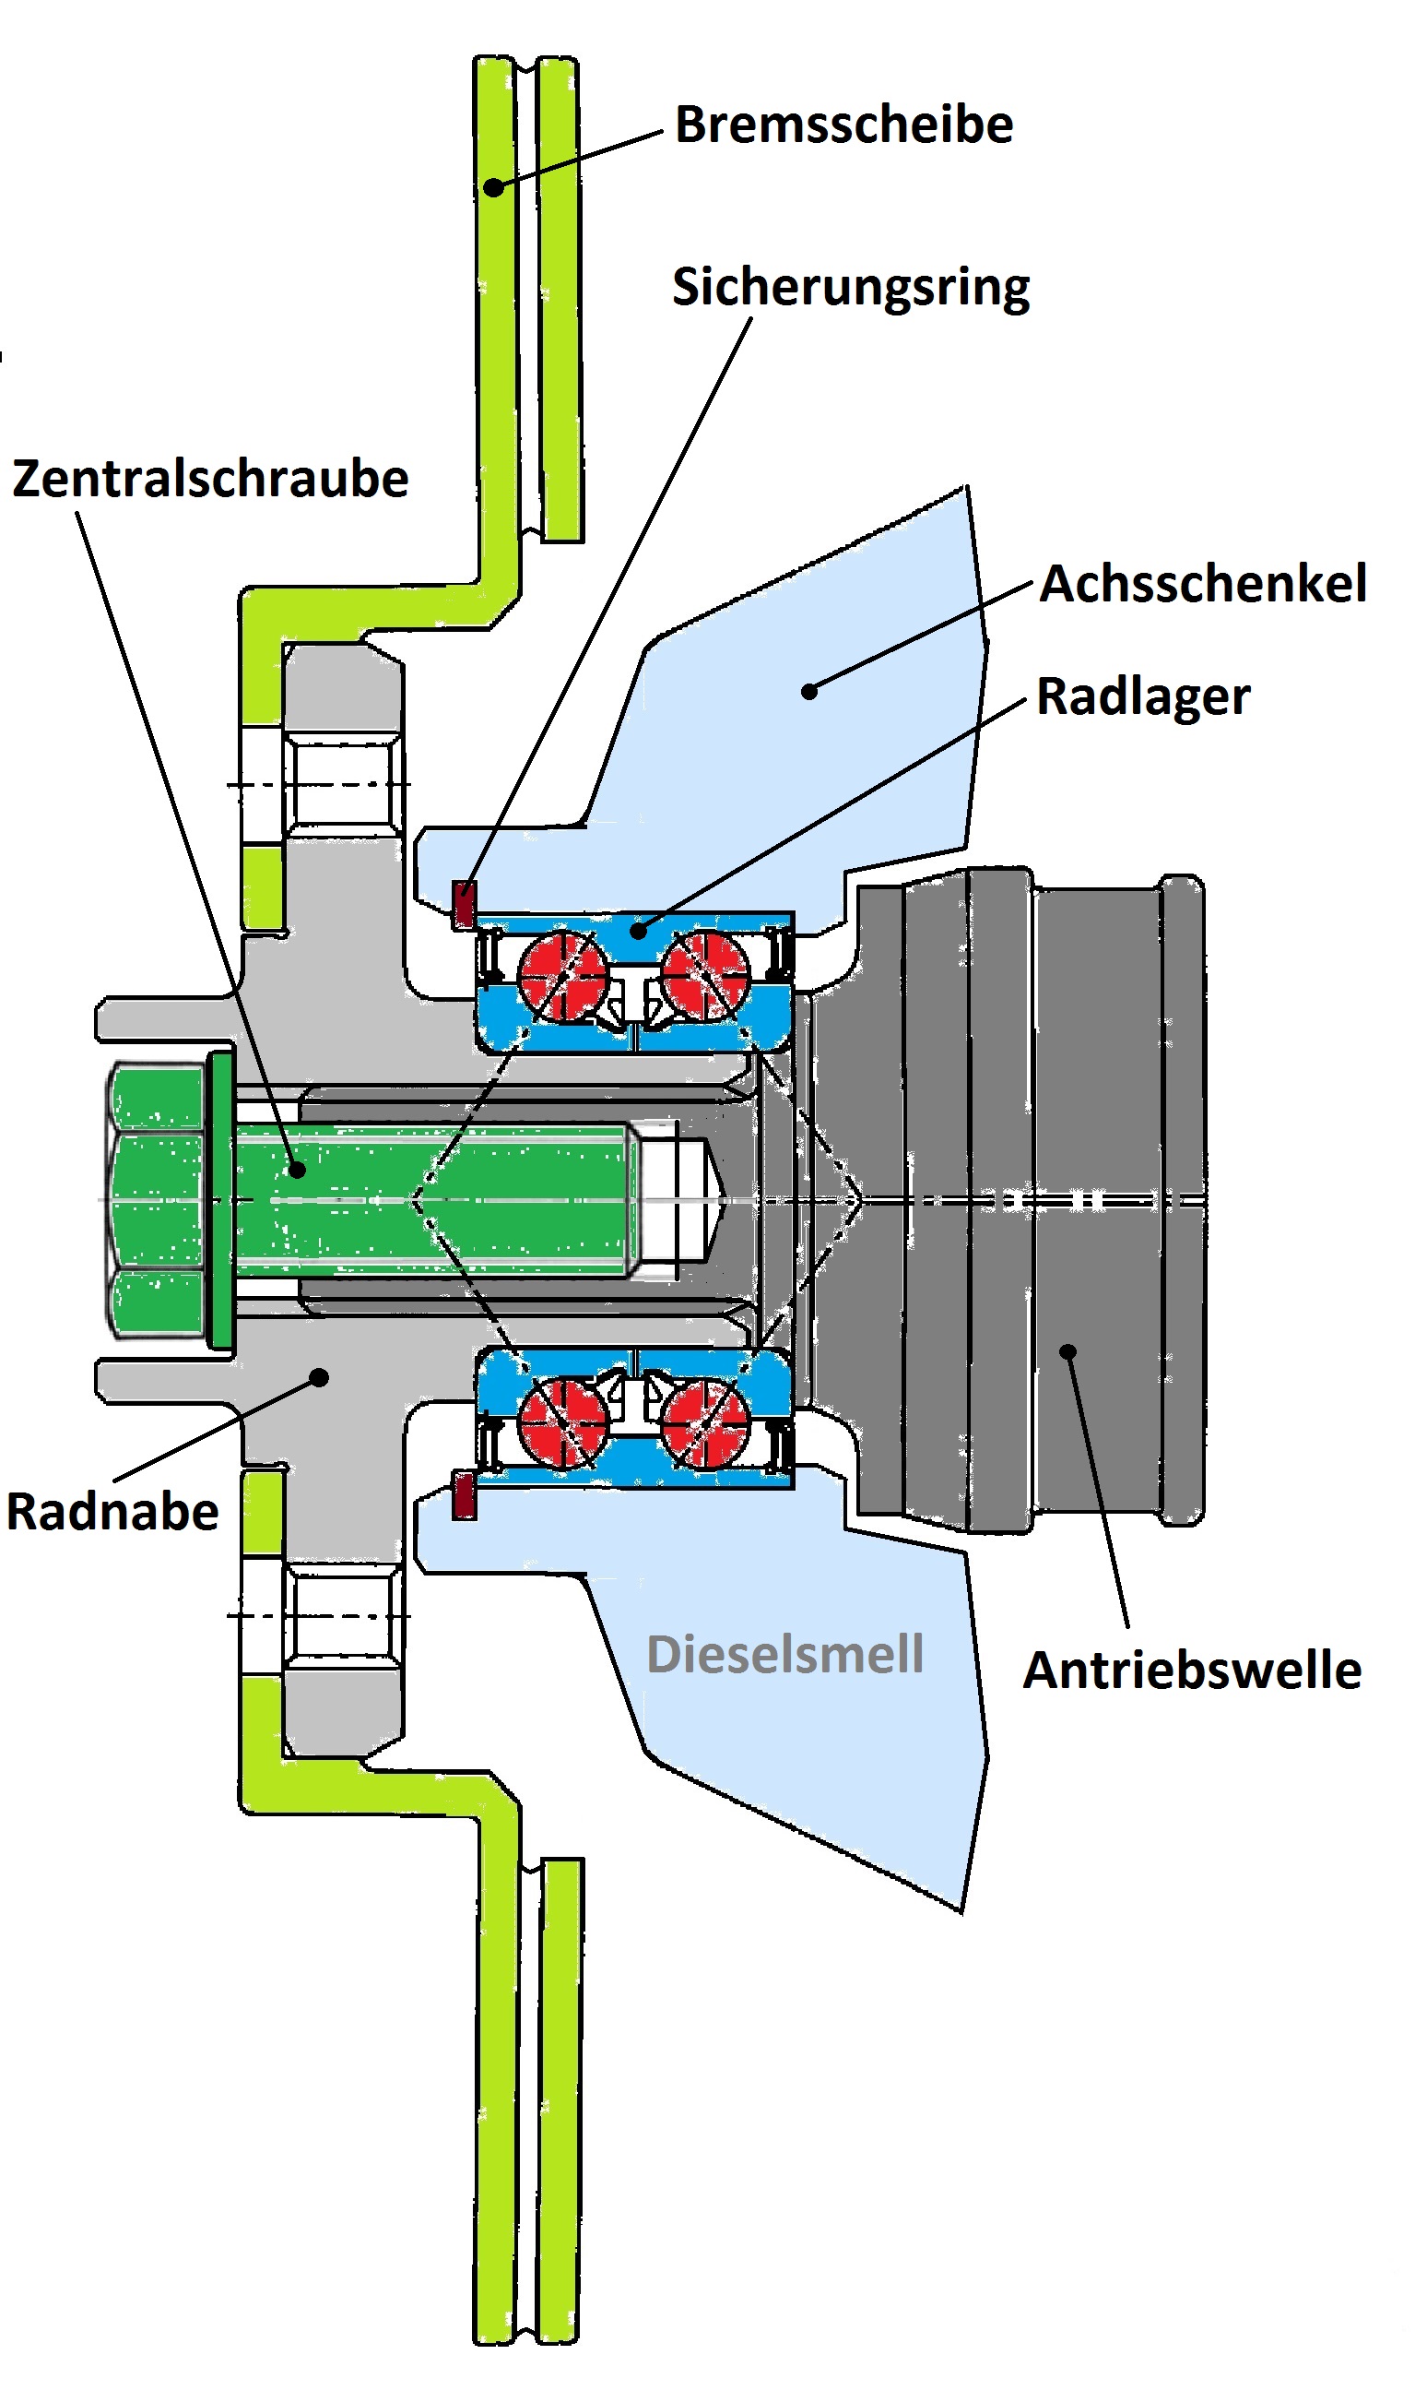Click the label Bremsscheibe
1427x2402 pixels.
pos(843,125)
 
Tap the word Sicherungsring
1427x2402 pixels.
pos(850,288)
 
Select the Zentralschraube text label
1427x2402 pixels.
pos(210,479)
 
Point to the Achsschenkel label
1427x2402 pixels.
pos(1203,584)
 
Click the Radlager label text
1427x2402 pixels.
pos(1142,696)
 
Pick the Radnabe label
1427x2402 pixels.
pos(112,1511)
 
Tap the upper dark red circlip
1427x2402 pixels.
pos(465,904)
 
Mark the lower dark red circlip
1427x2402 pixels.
pos(465,1494)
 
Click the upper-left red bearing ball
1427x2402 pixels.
pos(562,973)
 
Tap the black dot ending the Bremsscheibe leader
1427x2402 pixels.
pos(492,186)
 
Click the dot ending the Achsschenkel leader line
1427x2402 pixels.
pos(809,691)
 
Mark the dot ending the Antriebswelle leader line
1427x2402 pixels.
pos(1067,1351)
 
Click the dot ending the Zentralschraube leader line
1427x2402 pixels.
pos(296,1170)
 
